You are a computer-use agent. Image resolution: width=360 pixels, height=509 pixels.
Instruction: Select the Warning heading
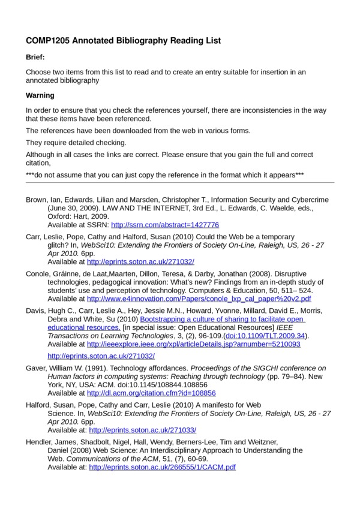(40, 95)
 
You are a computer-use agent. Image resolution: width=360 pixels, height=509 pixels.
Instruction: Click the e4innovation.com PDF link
(199, 298)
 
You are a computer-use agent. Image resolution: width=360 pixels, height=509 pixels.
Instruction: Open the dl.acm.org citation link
(151, 393)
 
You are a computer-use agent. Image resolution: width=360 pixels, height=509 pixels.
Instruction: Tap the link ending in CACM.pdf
(162, 466)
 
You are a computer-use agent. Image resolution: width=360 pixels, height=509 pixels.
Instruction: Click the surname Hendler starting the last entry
(40, 441)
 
